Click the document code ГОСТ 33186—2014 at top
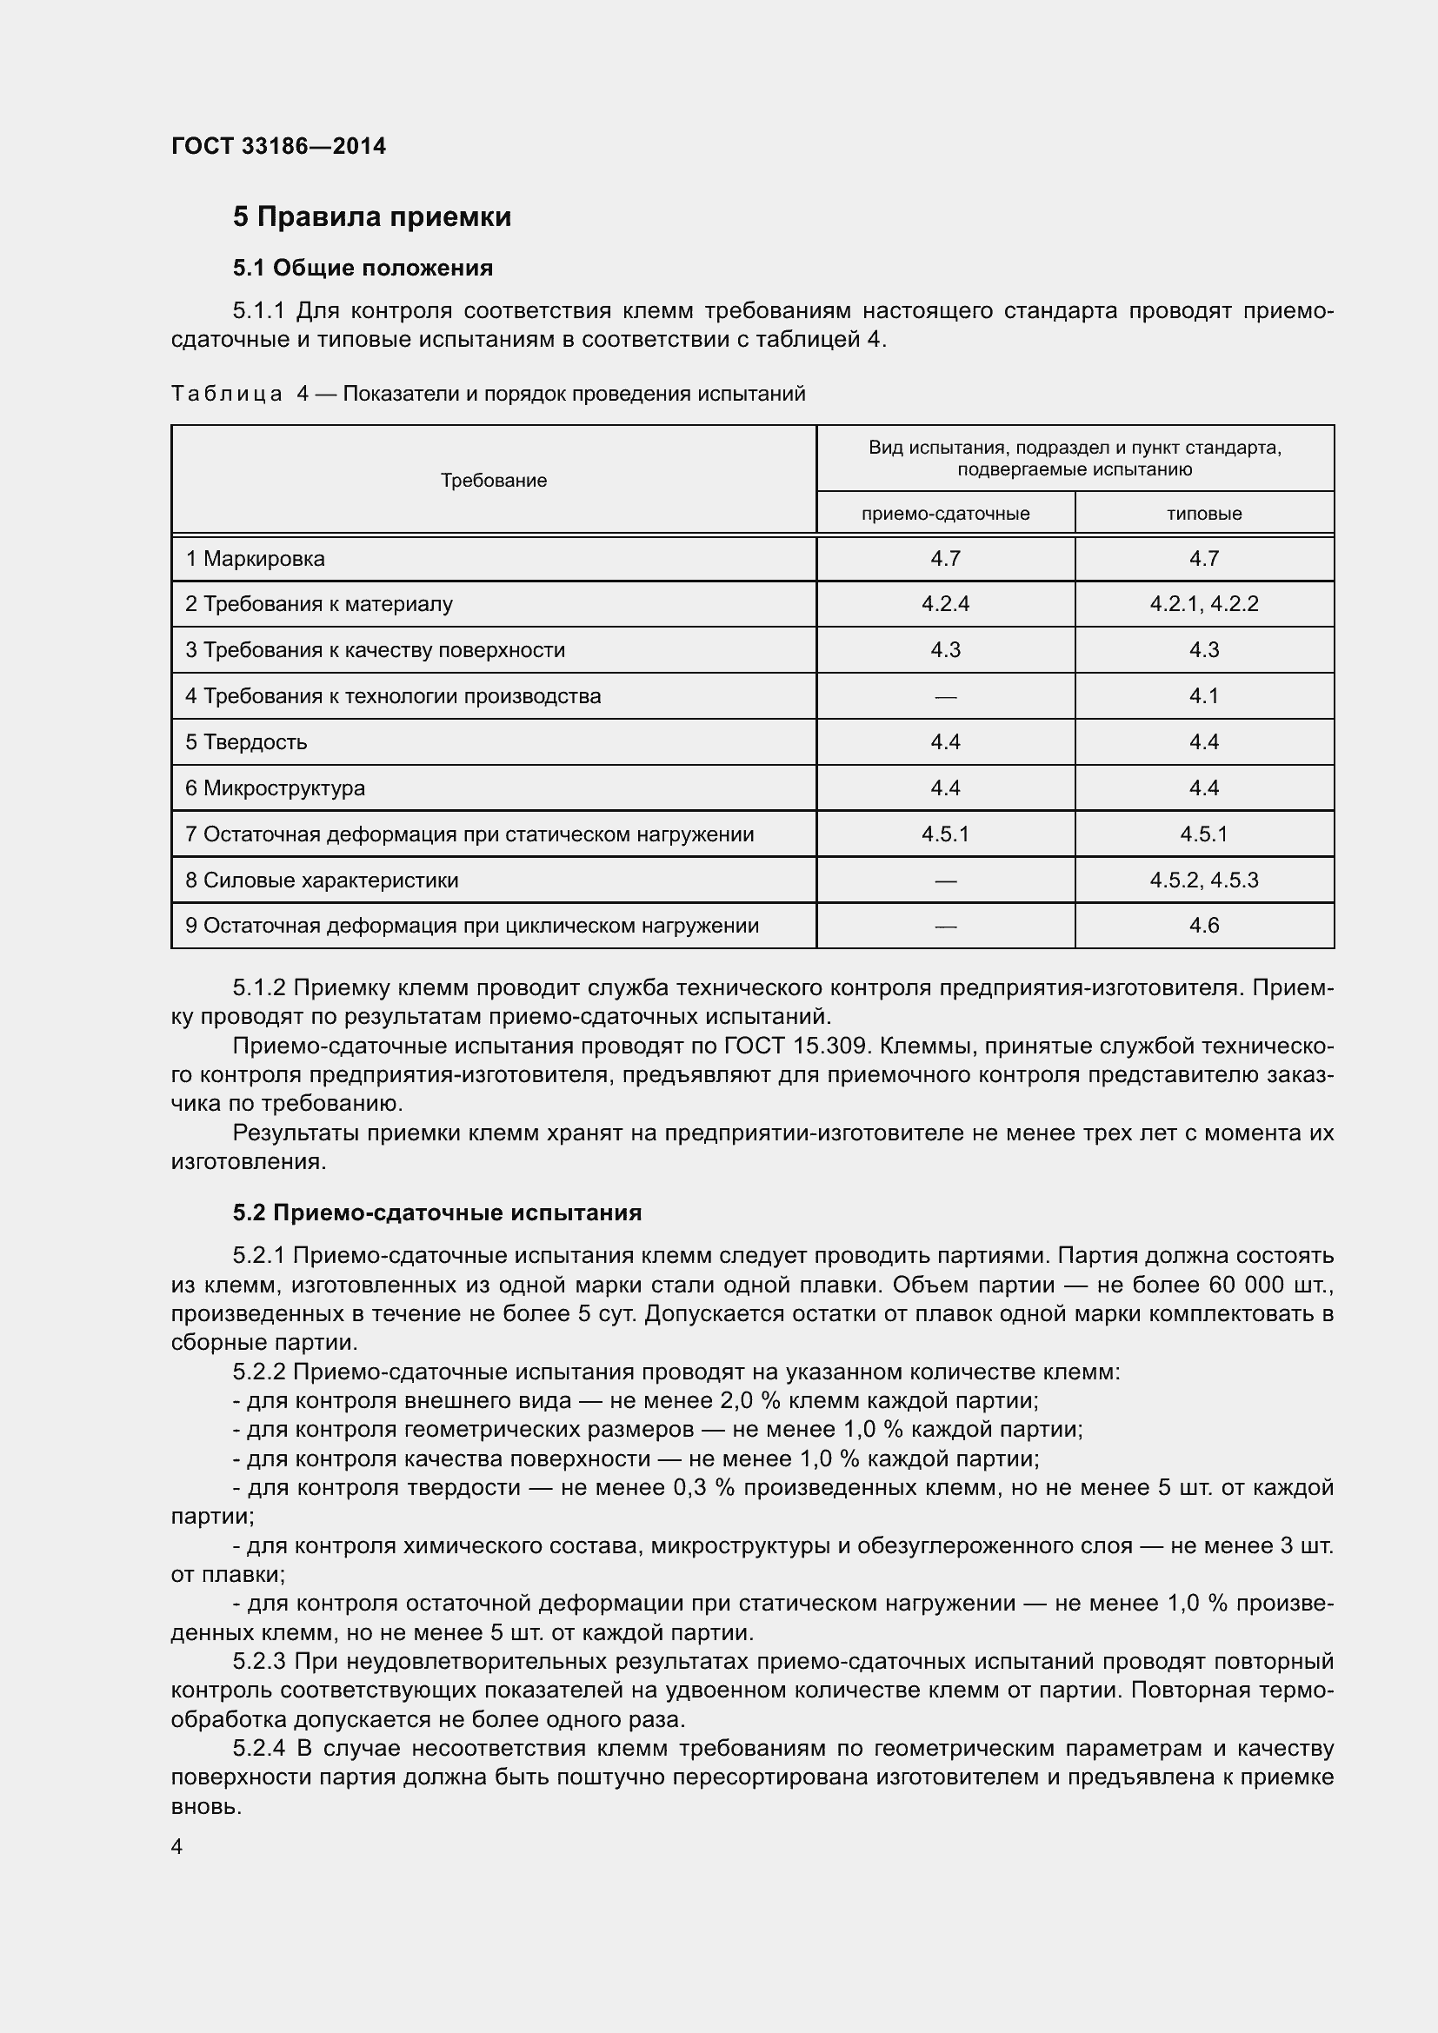278,146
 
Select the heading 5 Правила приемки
372,217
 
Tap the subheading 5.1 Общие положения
363,268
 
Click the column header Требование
493,480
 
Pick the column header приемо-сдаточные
945,514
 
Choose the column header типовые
1203,514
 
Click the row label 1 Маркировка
255,559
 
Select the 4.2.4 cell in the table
945,604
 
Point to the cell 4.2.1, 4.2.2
1203,604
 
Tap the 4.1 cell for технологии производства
1203,696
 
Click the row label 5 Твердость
246,742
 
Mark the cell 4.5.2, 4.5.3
1203,880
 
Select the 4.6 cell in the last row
1203,926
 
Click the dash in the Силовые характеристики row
945,881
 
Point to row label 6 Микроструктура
276,788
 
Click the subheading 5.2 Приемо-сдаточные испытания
437,1212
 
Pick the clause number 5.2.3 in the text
258,1662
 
